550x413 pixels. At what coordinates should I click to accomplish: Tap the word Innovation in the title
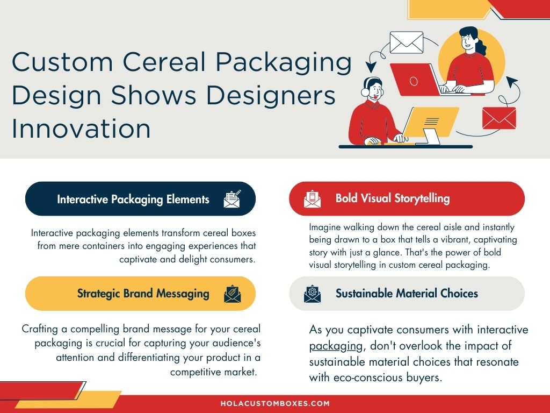point(81,129)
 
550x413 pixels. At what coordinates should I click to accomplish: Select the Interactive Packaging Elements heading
point(133,200)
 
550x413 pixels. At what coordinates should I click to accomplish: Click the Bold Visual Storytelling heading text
point(392,198)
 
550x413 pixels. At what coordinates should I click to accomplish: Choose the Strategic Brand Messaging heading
point(143,294)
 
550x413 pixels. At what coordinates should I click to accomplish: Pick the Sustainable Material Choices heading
point(407,294)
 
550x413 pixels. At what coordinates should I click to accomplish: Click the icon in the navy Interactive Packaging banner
point(232,199)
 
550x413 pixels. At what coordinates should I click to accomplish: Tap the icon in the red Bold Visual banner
point(312,199)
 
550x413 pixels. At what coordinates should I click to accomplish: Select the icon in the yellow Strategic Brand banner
point(232,294)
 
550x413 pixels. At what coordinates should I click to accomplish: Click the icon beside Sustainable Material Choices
point(312,294)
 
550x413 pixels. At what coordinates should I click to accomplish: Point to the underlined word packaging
point(329,345)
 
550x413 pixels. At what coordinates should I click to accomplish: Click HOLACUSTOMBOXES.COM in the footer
point(275,403)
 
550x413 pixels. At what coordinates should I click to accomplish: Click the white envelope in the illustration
point(406,42)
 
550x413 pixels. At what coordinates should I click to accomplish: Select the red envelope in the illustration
point(498,118)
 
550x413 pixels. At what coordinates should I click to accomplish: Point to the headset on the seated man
point(365,89)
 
